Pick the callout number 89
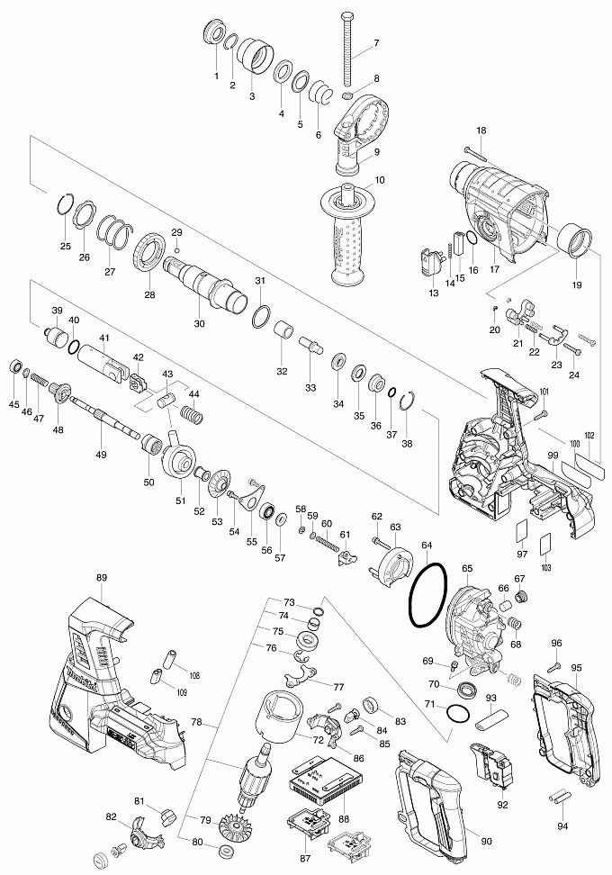coord(101,579)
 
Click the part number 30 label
coord(199,324)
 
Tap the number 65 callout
coord(467,569)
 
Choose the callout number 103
coord(545,568)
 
